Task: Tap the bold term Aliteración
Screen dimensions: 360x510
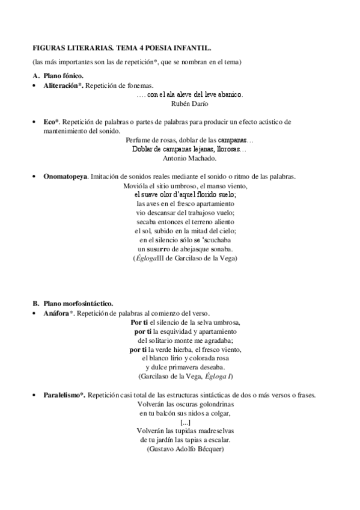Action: [62, 86]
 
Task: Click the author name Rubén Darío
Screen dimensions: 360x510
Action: [190, 104]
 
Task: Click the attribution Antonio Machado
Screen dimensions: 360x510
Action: [190, 159]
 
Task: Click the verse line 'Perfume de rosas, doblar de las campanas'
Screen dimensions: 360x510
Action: [190, 140]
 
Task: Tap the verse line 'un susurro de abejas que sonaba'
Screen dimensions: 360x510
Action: [186, 249]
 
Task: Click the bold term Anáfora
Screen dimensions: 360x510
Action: [58, 313]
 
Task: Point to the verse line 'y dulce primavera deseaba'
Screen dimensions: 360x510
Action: [186, 367]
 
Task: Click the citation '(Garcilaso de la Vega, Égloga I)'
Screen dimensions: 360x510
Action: [186, 376]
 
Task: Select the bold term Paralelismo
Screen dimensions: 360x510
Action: [65, 395]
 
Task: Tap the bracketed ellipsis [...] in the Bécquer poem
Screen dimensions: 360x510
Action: [186, 422]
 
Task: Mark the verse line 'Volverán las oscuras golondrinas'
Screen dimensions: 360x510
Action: [185, 404]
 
